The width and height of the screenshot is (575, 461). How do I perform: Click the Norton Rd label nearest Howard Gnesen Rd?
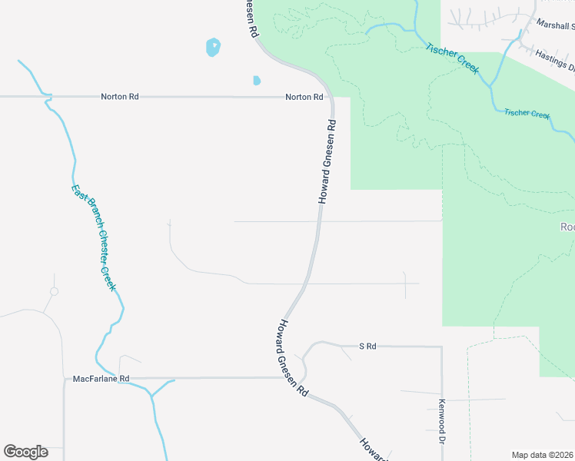coord(304,98)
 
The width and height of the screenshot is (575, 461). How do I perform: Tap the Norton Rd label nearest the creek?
coord(119,98)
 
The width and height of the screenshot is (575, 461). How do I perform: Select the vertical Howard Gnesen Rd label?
coord(326,162)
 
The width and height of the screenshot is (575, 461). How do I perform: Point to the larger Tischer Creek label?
coord(453,59)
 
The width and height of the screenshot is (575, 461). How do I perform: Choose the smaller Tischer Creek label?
coord(527,114)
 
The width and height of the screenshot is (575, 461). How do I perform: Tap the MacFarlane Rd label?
coord(101,379)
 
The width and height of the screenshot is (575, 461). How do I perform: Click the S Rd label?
coord(367,347)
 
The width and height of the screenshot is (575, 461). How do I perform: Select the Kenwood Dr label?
coord(442,422)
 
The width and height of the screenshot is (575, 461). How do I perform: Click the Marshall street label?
coord(555,24)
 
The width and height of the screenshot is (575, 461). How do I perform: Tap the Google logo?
coord(25,452)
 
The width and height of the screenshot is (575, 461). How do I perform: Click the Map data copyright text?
coord(542,455)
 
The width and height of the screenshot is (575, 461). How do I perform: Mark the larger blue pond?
coord(213,48)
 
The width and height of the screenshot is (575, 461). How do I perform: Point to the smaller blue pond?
coord(257,80)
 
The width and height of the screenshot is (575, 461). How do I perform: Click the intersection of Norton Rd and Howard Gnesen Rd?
coord(330,98)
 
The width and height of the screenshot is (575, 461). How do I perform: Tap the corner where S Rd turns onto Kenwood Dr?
coord(441,347)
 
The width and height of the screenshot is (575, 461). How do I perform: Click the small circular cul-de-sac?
coord(54,291)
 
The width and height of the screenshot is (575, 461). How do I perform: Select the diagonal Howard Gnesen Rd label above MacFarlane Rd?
coord(293,357)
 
